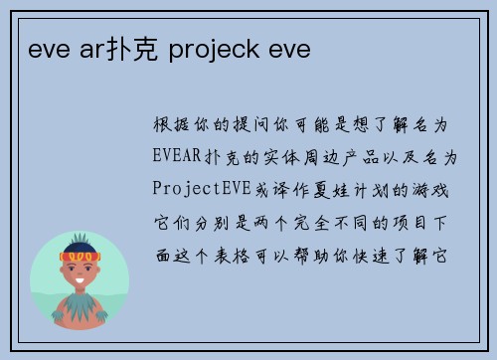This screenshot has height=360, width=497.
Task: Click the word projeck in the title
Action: (214, 46)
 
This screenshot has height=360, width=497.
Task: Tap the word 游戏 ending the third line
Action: (435, 187)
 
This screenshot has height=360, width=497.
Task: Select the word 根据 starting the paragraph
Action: (167, 125)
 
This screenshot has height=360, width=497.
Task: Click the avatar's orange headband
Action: (81, 257)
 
